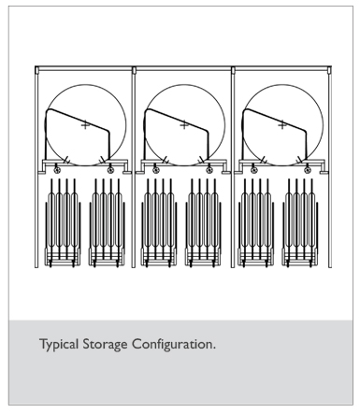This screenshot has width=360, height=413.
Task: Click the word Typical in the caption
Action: point(59,345)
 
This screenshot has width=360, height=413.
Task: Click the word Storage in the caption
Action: point(105,345)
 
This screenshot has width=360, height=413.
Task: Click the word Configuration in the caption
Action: point(173,345)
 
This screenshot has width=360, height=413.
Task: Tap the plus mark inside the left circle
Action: point(85,125)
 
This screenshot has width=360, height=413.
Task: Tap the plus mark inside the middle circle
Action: point(184,125)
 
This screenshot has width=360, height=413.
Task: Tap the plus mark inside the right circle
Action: point(282,125)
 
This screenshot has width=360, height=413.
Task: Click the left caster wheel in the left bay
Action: point(57,170)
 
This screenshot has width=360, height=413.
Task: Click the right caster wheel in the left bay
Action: point(110,170)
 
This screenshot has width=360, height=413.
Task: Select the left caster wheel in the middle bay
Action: point(156,170)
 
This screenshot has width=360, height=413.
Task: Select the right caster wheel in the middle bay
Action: point(209,170)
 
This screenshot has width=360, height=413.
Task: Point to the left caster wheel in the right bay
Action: point(254,170)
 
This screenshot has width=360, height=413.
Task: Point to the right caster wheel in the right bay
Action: point(308,170)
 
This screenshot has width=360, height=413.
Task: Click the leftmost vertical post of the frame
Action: point(36,167)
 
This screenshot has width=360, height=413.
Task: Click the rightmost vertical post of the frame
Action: point(329,167)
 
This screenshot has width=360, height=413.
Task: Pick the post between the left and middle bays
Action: point(134,167)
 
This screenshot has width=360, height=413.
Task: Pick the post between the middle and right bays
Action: point(233,167)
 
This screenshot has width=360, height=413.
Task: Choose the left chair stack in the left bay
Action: point(63,223)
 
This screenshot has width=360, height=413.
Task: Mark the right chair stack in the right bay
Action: point(300,223)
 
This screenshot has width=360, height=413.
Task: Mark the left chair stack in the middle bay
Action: point(159,223)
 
